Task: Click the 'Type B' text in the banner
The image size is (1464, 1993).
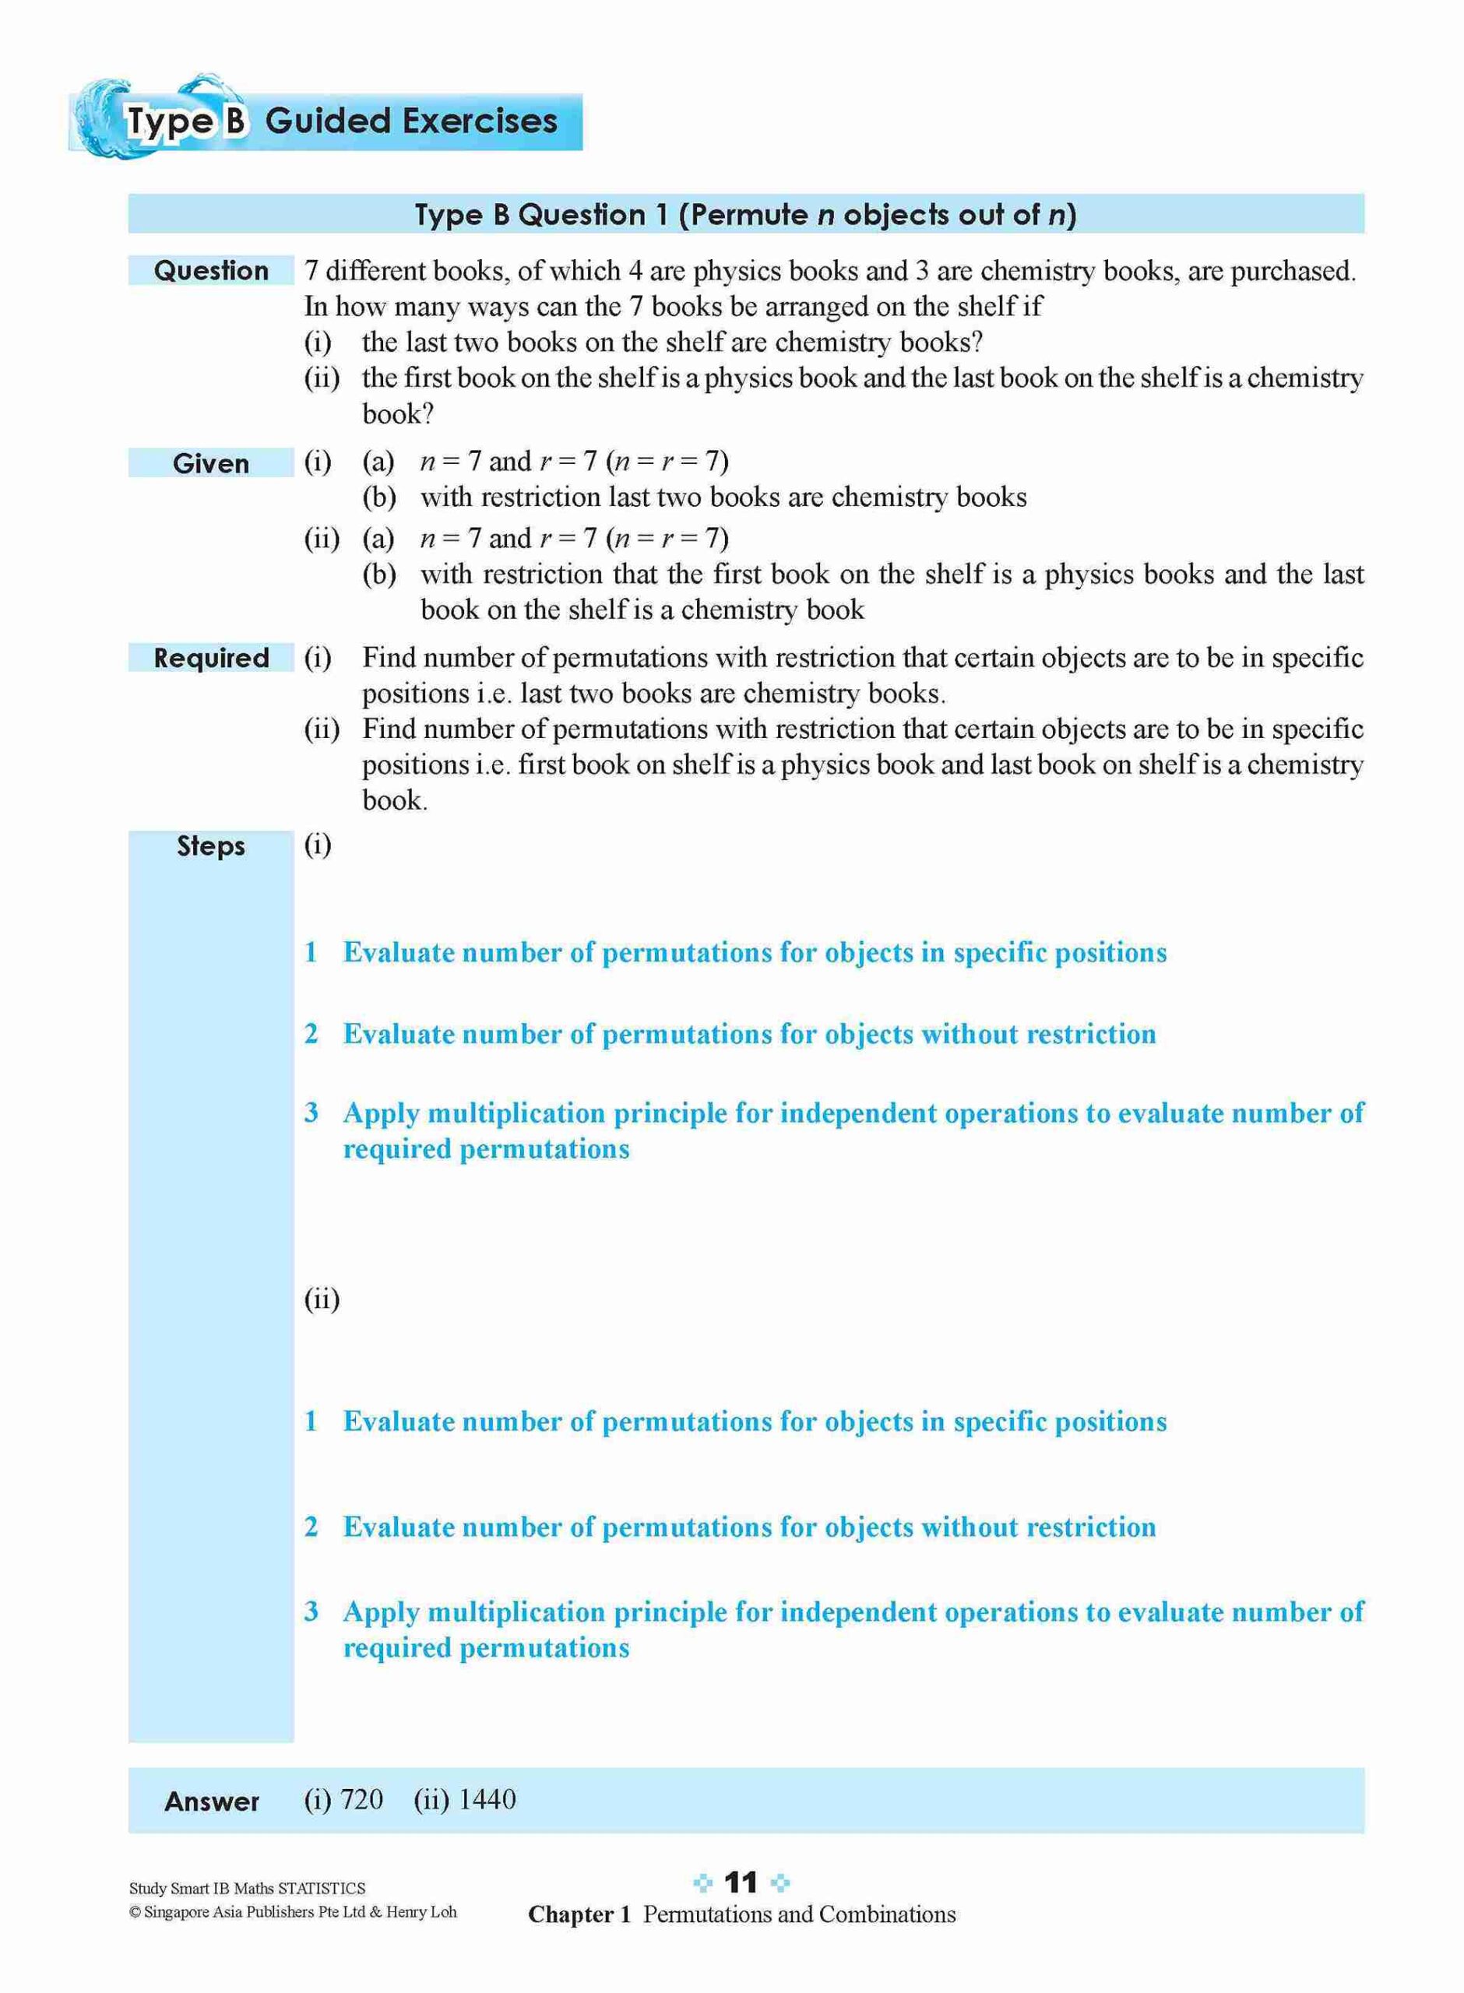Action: pyautogui.click(x=185, y=121)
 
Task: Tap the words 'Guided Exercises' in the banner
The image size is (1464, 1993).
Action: pyautogui.click(x=411, y=121)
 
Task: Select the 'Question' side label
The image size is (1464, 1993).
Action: pyautogui.click(x=211, y=270)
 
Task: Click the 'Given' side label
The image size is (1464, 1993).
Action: pyautogui.click(x=211, y=463)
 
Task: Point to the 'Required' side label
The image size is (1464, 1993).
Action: pyautogui.click(x=211, y=658)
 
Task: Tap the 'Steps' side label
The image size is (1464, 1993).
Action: pyautogui.click(x=211, y=846)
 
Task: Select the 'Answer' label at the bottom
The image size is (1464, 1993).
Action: pyautogui.click(x=212, y=1801)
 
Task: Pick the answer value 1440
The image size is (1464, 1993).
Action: pyautogui.click(x=487, y=1799)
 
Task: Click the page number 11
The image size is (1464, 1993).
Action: pyautogui.click(x=741, y=1882)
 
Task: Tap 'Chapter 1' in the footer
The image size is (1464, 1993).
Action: pyautogui.click(x=579, y=1915)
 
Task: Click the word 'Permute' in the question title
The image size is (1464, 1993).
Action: pyautogui.click(x=743, y=215)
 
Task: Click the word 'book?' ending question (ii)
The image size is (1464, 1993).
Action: pyautogui.click(x=397, y=413)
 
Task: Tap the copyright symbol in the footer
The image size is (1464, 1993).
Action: pyautogui.click(x=135, y=1912)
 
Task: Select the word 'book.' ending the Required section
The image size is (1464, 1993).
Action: pyautogui.click(x=394, y=801)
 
